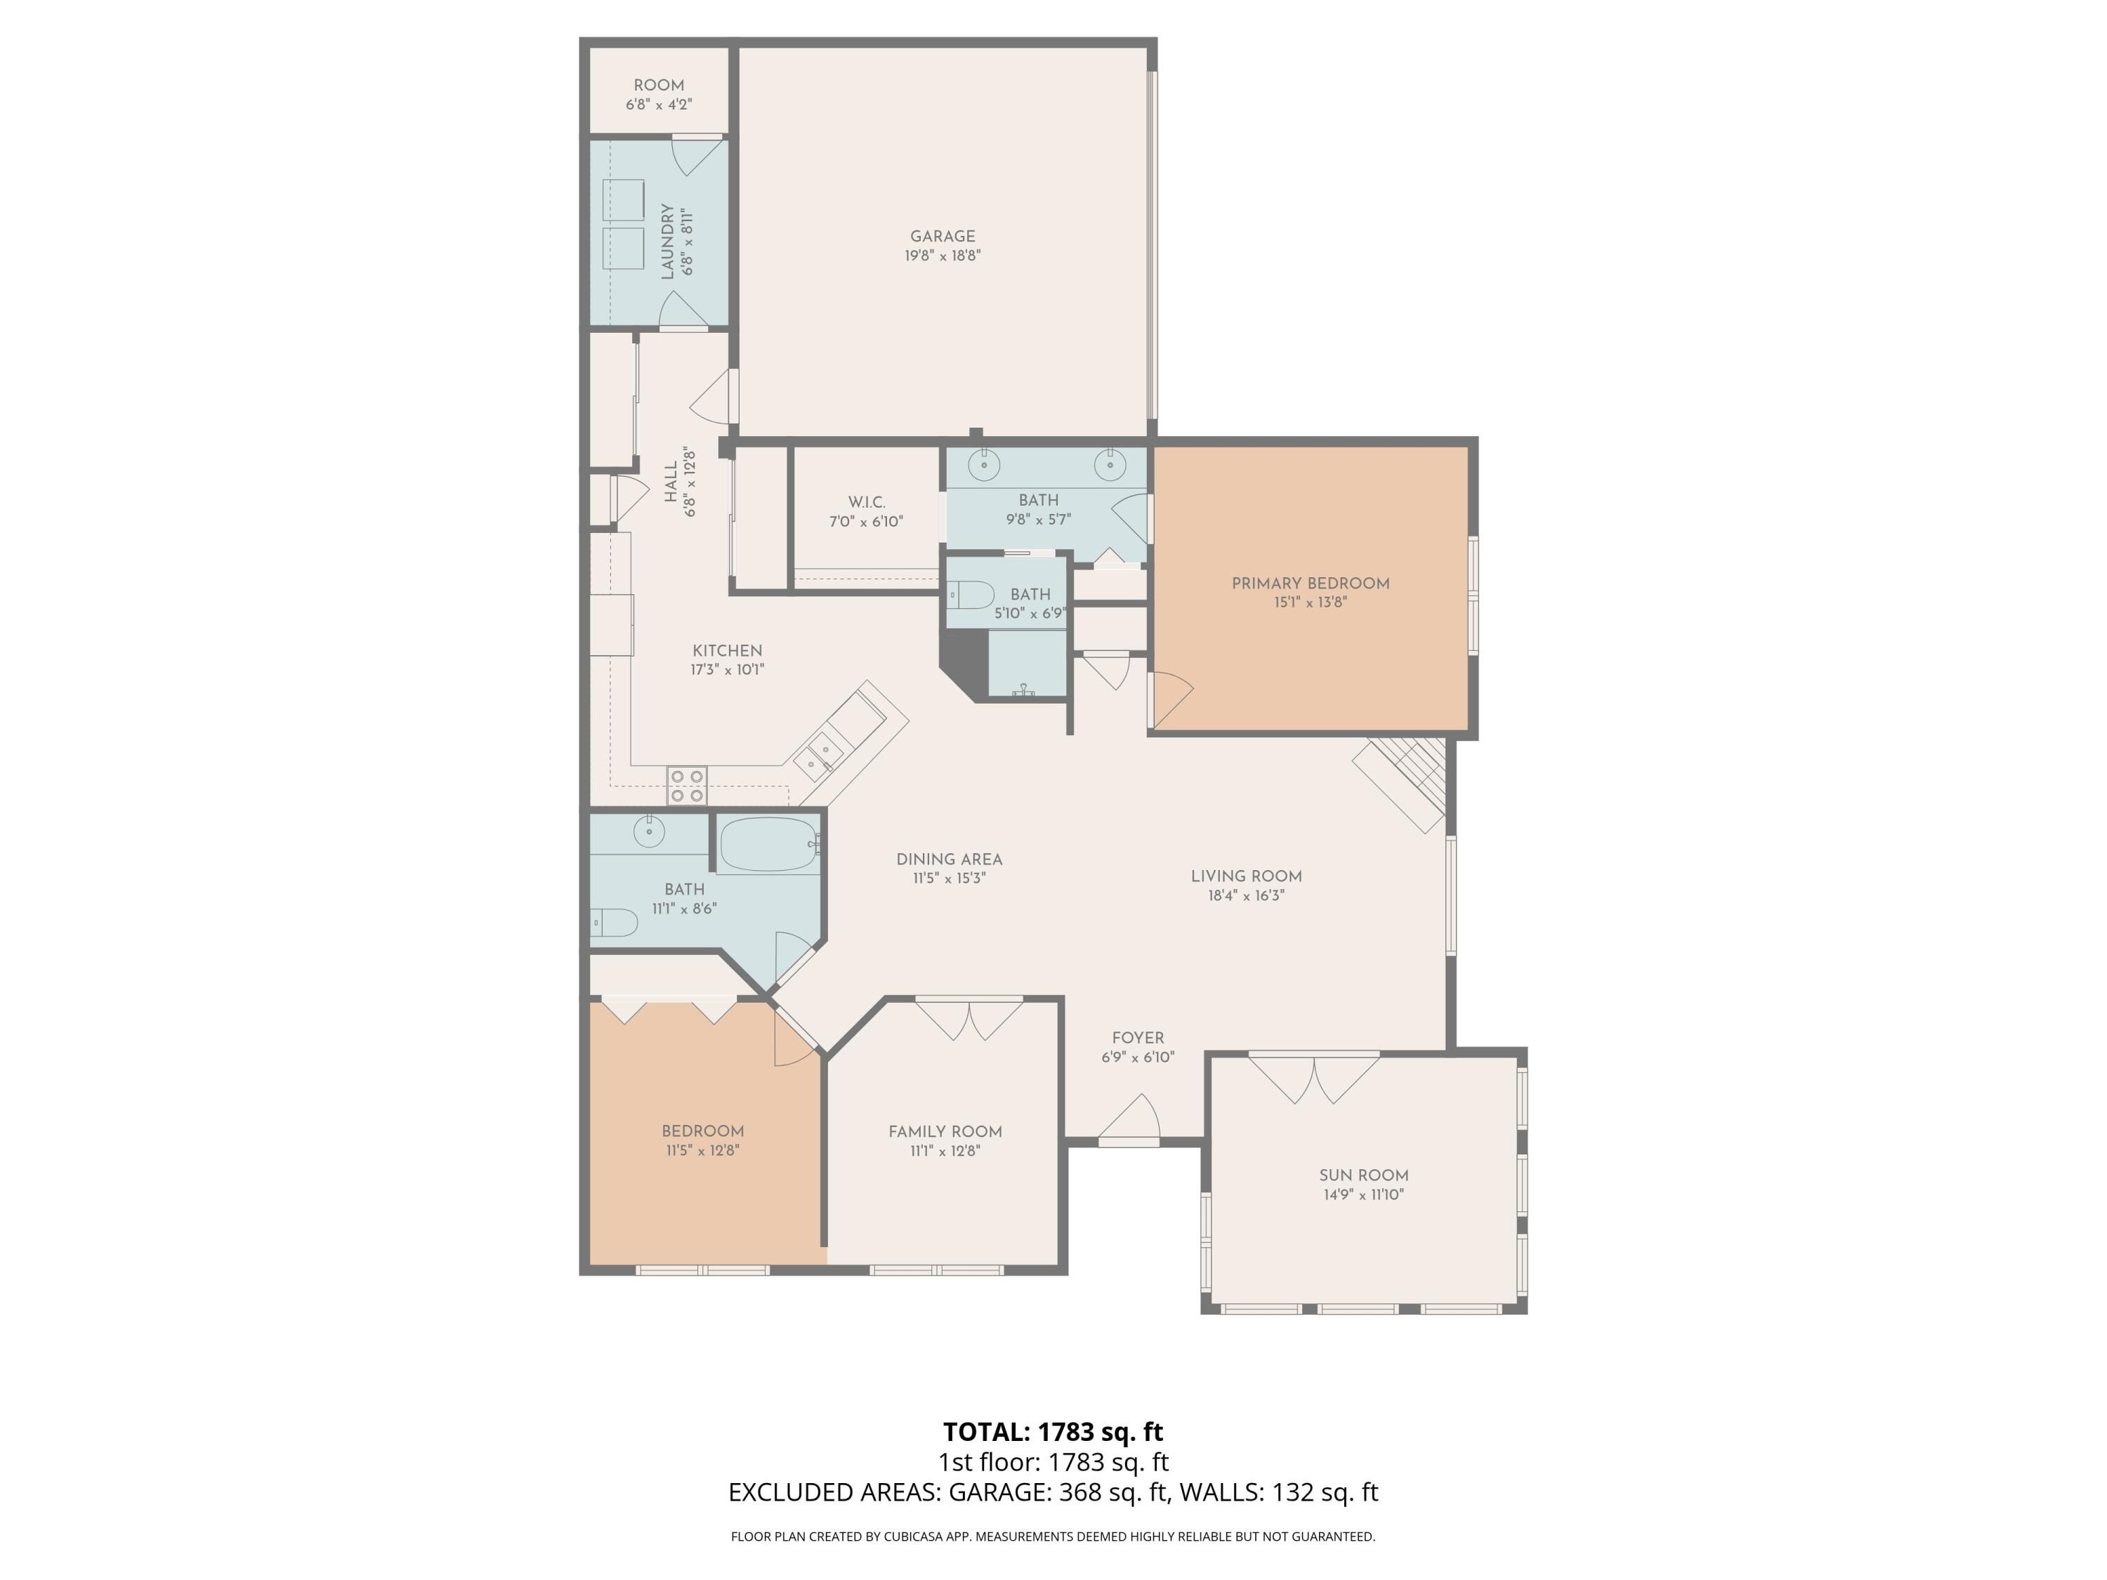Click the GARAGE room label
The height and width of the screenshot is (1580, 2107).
(x=942, y=236)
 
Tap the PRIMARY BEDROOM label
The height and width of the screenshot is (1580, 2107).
(x=1310, y=583)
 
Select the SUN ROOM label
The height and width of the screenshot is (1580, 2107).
(x=1363, y=1176)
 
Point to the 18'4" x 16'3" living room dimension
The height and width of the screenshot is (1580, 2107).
(x=1246, y=895)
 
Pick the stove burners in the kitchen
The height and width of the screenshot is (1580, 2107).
(x=685, y=786)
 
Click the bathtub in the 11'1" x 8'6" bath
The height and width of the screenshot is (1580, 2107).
(x=768, y=844)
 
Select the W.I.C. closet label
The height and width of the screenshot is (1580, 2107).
(x=866, y=502)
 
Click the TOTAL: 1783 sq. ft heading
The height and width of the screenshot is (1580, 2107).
(x=1053, y=1431)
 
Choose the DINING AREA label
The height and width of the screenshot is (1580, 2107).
(x=949, y=859)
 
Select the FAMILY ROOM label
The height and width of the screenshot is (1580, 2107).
(x=945, y=1131)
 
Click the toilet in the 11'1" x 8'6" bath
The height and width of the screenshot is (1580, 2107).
(x=613, y=922)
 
